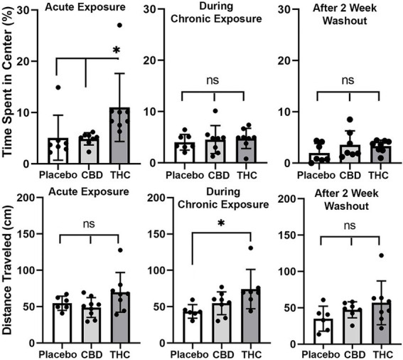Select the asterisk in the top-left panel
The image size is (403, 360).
click(119, 51)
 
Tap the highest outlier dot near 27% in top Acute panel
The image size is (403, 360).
click(119, 25)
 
